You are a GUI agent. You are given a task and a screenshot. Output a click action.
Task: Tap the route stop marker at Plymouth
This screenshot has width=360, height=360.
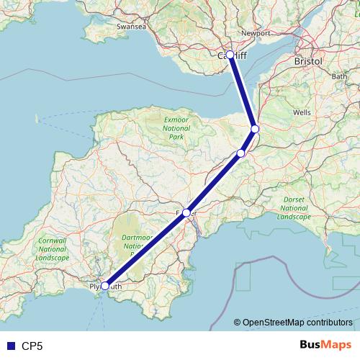click(x=105, y=286)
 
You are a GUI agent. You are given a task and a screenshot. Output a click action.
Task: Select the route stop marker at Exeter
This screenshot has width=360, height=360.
click(x=186, y=212)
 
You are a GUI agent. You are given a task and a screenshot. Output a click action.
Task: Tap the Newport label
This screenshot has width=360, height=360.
click(x=256, y=33)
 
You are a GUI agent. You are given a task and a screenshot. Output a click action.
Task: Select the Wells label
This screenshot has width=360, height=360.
click(x=302, y=113)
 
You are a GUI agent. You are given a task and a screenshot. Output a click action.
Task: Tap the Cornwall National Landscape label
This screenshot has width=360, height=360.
click(x=53, y=249)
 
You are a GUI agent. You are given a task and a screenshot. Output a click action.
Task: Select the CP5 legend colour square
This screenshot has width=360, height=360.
click(x=9, y=346)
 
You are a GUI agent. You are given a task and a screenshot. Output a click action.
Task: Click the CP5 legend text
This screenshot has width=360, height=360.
click(x=32, y=346)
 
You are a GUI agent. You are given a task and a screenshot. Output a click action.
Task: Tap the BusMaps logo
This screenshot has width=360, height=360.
click(x=324, y=345)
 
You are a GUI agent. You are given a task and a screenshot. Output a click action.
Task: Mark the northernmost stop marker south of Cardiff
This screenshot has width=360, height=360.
click(x=255, y=129)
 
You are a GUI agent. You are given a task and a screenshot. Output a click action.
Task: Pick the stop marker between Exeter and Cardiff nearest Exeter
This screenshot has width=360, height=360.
click(x=241, y=153)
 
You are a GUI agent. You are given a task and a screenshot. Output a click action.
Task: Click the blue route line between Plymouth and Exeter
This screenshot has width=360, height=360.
click(x=146, y=249)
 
